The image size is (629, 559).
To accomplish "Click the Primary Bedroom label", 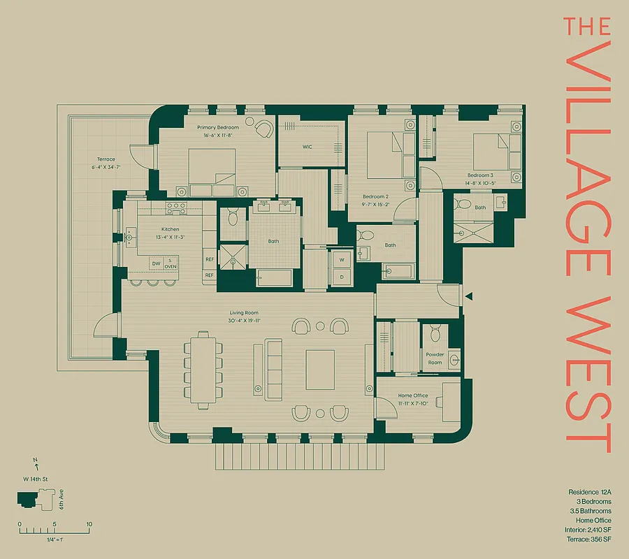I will pyautogui.click(x=217, y=127).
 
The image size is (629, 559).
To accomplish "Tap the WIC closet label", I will pyautogui.click(x=307, y=147).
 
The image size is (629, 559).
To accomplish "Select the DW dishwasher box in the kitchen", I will pyautogui.click(x=157, y=263).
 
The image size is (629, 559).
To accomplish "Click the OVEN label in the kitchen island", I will pyautogui.click(x=171, y=266).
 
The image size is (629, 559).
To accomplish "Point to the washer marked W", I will pyautogui.click(x=342, y=260).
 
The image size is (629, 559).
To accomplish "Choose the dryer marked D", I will pyautogui.click(x=342, y=276).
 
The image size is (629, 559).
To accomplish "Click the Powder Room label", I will pyautogui.click(x=435, y=358).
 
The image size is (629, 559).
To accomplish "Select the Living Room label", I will pyautogui.click(x=245, y=313).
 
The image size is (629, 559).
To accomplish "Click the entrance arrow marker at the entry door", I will pyautogui.click(x=470, y=297).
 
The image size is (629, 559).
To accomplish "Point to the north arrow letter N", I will pyautogui.click(x=35, y=461).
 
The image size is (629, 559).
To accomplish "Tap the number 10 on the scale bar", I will pyautogui.click(x=89, y=524).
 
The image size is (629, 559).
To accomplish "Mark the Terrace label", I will pyautogui.click(x=106, y=159).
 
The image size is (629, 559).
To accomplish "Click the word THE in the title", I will pyautogui.click(x=587, y=27).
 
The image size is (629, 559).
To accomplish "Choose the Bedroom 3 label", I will pyautogui.click(x=481, y=175).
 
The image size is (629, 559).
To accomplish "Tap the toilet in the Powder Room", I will pyautogui.click(x=435, y=331).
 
